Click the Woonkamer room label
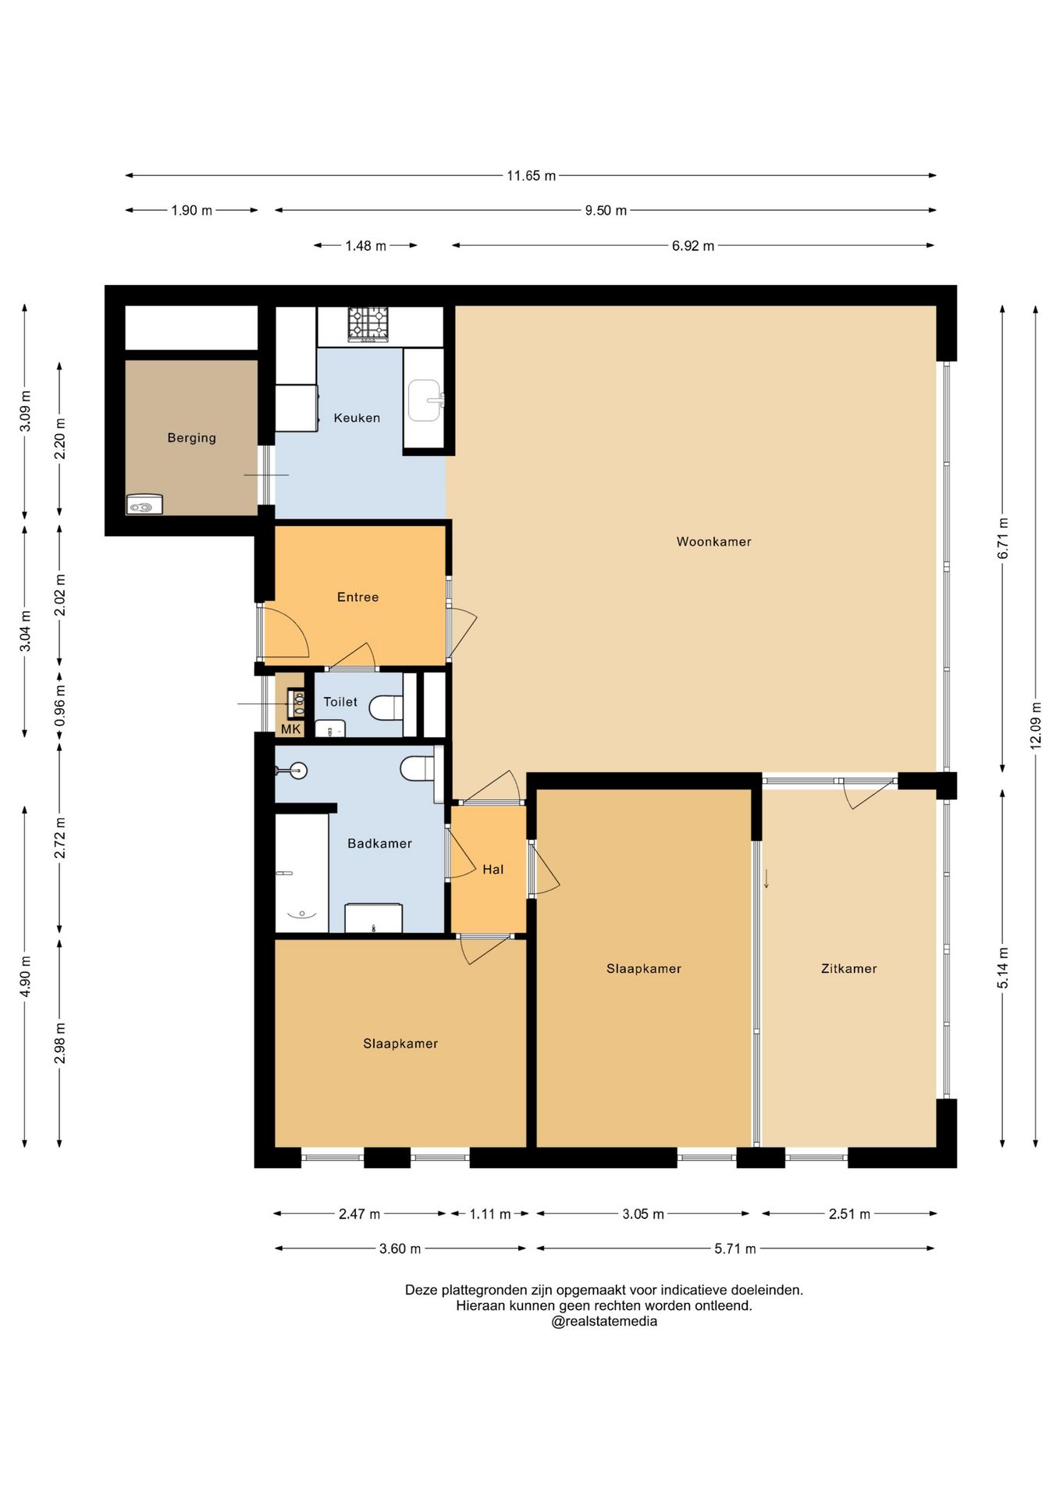click(x=713, y=542)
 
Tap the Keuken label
click(x=357, y=418)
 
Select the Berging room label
click(x=191, y=438)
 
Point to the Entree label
click(x=357, y=597)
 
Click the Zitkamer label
click(x=848, y=969)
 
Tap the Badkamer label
click(x=379, y=844)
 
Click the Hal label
click(x=493, y=870)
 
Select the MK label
click(x=290, y=729)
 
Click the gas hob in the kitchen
click(x=368, y=324)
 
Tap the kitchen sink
click(x=425, y=401)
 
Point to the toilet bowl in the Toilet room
click(x=386, y=707)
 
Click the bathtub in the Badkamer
click(x=301, y=873)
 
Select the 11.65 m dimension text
click(x=531, y=176)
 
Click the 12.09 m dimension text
click(x=1036, y=726)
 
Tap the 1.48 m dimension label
click(x=365, y=246)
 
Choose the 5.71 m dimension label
click(x=735, y=1248)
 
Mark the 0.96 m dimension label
click(x=60, y=706)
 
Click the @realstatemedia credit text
click(x=604, y=1321)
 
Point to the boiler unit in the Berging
click(x=144, y=505)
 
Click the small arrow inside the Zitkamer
click(x=767, y=879)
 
